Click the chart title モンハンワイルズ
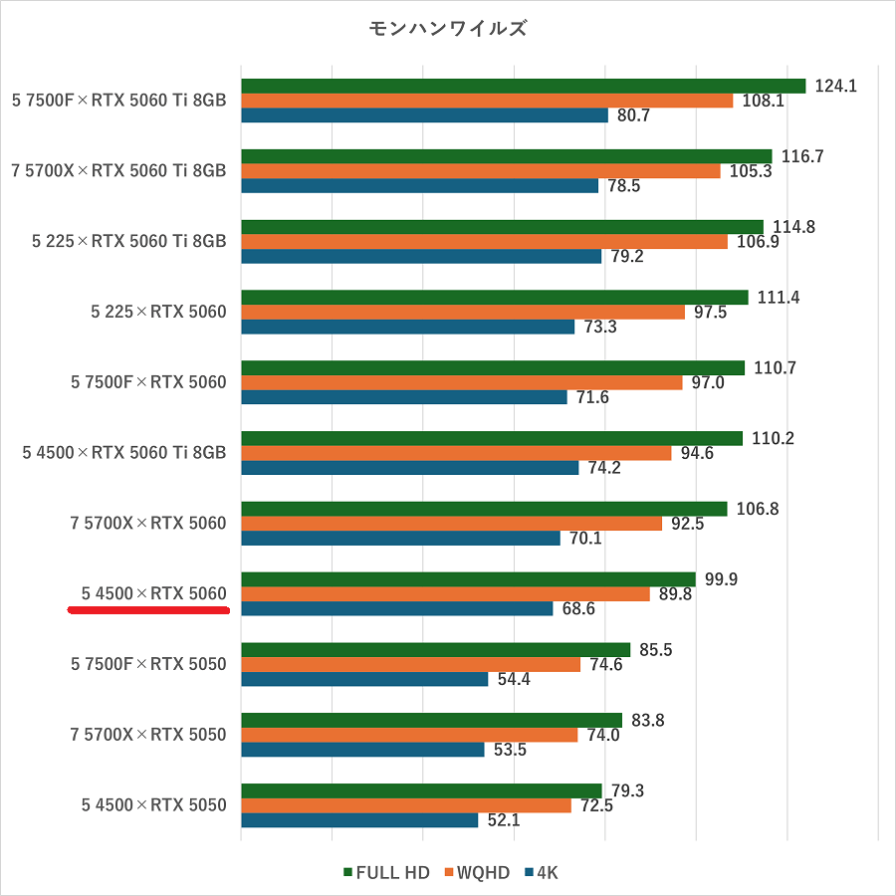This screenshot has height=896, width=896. click(x=448, y=29)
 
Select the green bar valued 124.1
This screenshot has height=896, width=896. click(x=523, y=86)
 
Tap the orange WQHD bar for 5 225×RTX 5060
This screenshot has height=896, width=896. click(x=463, y=313)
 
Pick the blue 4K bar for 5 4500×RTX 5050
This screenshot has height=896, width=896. click(x=359, y=820)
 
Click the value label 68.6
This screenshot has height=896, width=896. click(x=578, y=608)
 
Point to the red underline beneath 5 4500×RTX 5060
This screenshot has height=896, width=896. click(x=149, y=610)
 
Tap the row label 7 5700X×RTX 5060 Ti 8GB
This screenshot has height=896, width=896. click(x=118, y=171)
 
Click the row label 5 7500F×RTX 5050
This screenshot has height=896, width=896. click(x=148, y=664)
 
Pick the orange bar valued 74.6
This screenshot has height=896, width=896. click(x=410, y=665)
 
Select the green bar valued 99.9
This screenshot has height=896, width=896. click(x=468, y=579)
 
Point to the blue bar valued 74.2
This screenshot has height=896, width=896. click(x=409, y=468)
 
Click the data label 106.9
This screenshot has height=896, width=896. click(x=756, y=242)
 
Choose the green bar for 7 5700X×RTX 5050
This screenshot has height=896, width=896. click(x=431, y=720)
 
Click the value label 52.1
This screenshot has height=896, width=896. click(x=504, y=821)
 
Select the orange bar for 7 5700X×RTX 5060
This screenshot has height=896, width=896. click(x=451, y=524)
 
